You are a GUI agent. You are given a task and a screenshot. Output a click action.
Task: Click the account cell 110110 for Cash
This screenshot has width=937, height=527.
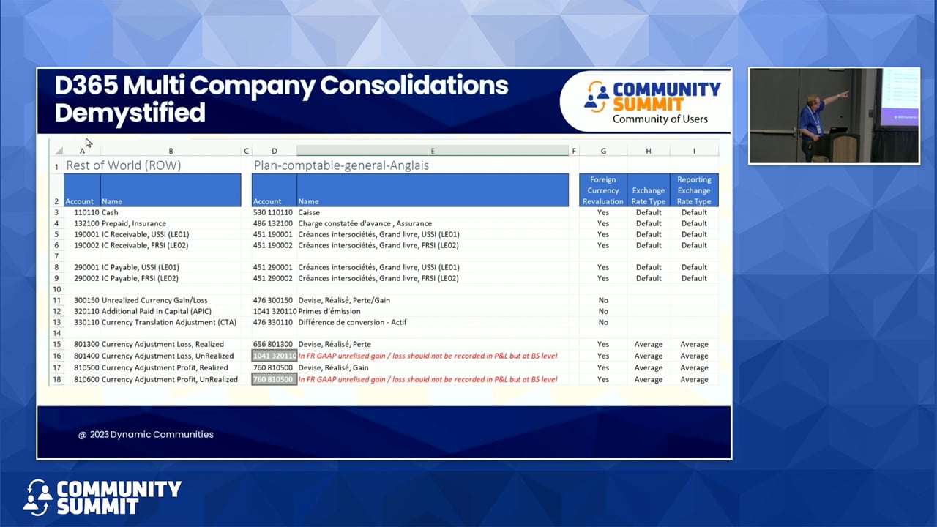pyautogui.click(x=86, y=212)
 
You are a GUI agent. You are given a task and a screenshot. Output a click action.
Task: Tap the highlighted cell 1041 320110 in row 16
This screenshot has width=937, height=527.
pyautogui.click(x=275, y=356)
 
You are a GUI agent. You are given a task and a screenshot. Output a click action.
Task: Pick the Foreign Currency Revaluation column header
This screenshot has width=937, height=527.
pyautogui.click(x=602, y=190)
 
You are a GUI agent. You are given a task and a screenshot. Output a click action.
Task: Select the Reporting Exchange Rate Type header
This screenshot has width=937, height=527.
pyautogui.click(x=694, y=190)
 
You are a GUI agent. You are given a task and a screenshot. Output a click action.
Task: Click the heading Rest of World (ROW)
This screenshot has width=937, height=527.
pyautogui.click(x=123, y=165)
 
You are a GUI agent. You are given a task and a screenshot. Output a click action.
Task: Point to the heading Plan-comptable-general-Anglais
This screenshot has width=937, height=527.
pyautogui.click(x=341, y=165)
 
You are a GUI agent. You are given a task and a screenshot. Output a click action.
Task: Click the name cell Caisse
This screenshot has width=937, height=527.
pyautogui.click(x=309, y=212)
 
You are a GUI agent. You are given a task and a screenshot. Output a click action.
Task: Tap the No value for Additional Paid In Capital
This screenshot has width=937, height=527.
pyautogui.click(x=602, y=311)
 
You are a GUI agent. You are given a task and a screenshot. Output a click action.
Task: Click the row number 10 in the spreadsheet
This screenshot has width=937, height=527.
pyautogui.click(x=56, y=289)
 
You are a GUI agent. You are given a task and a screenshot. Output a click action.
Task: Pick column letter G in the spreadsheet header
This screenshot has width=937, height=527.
pyautogui.click(x=602, y=151)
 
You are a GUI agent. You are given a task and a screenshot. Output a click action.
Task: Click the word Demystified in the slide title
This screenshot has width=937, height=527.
pyautogui.click(x=130, y=113)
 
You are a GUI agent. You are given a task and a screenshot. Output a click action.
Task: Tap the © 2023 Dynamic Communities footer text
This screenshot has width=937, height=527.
pyautogui.click(x=146, y=434)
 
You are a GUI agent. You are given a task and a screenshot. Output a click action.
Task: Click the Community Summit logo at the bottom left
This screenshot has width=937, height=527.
pyautogui.click(x=102, y=497)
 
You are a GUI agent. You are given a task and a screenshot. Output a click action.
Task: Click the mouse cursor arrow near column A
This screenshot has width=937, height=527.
pyautogui.click(x=89, y=143)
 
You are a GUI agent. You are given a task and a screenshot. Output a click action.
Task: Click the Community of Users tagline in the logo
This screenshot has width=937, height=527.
pyautogui.click(x=660, y=119)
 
